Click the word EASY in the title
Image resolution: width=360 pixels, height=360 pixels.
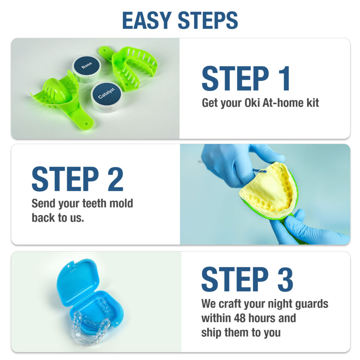(147, 20)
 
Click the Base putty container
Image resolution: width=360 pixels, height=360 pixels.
(86, 68)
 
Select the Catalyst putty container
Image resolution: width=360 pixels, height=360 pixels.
(107, 96)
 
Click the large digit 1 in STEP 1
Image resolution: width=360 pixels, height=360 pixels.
(284, 78)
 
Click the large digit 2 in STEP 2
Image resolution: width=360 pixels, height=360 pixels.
(115, 179)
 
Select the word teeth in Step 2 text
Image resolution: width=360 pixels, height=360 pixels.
(94, 204)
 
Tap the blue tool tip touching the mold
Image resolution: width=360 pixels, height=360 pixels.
(260, 171)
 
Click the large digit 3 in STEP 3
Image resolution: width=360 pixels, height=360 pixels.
(285, 279)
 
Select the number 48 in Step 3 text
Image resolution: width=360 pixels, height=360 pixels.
(240, 318)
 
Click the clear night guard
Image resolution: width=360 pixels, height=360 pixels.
(91, 321)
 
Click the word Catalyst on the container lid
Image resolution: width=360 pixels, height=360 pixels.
(107, 93)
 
